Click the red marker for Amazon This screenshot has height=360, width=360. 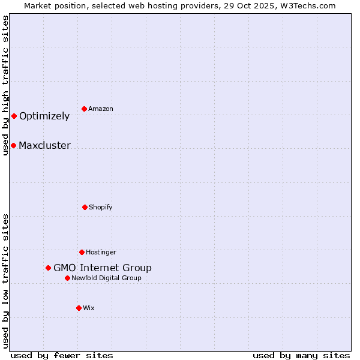(x=85, y=109)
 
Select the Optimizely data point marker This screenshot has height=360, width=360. (x=14, y=116)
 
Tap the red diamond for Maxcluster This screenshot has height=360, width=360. (x=13, y=145)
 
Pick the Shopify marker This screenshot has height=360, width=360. (x=85, y=207)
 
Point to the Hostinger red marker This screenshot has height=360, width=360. (x=82, y=252)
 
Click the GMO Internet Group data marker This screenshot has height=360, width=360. (x=48, y=268)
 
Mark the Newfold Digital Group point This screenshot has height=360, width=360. (x=67, y=278)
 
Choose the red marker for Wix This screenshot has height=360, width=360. (x=79, y=308)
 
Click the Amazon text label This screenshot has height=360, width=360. (x=101, y=109)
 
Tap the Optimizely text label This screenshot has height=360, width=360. (x=44, y=116)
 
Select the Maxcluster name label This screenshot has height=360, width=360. (x=44, y=145)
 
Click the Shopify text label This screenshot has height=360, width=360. (x=101, y=207)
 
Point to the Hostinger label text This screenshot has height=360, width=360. (x=101, y=252)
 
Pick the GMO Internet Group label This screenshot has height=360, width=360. (x=103, y=268)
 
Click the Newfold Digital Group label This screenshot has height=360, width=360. (x=106, y=278)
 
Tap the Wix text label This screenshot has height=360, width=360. (x=89, y=308)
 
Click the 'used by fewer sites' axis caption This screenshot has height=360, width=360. (x=62, y=355)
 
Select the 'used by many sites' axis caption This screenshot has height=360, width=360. (x=301, y=355)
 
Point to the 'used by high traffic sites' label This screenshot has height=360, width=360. (x=5, y=85)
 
